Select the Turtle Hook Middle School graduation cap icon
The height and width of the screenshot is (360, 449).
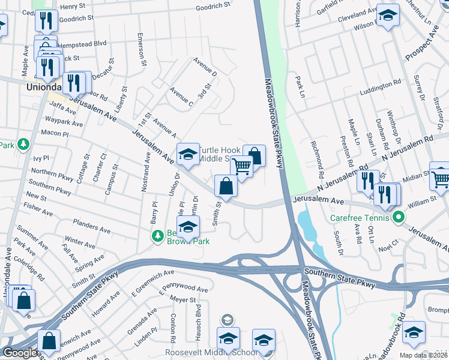[188, 155]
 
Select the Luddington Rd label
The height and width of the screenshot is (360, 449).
[380, 87]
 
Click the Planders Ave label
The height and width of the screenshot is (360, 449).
[92, 229]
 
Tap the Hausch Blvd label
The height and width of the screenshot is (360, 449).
[197, 319]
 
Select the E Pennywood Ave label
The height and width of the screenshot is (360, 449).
[183, 290]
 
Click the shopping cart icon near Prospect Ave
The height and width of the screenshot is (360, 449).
[440, 176]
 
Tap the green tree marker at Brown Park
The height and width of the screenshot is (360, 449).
[158, 236]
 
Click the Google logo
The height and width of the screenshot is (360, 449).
[19, 352]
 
